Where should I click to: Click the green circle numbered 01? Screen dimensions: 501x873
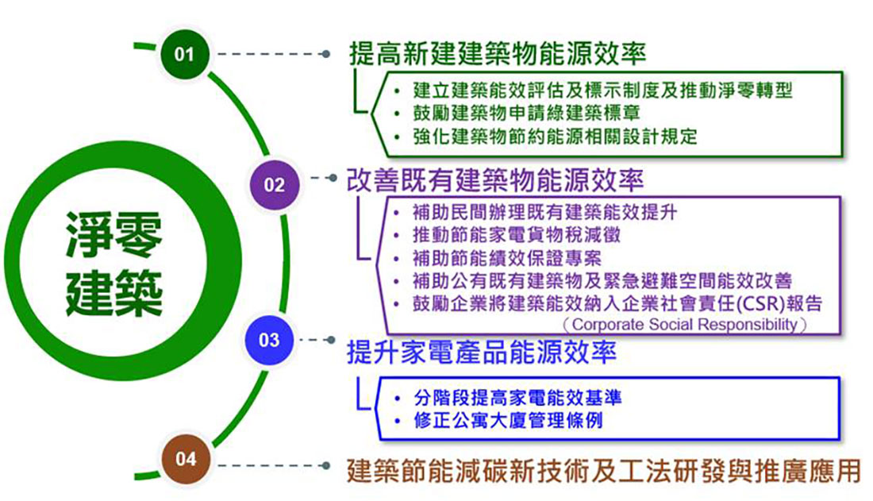[x=184, y=54]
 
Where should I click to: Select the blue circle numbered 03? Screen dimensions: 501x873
[x=269, y=340]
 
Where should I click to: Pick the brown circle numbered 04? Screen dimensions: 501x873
[x=185, y=458]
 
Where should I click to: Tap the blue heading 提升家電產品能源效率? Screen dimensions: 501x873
[x=481, y=353]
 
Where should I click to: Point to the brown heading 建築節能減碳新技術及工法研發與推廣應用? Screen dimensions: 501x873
[x=604, y=470]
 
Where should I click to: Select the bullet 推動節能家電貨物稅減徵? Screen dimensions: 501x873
[x=517, y=235]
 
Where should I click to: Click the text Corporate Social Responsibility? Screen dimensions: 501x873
[x=684, y=324]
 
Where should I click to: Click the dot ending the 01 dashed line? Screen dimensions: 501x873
[x=326, y=54]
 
